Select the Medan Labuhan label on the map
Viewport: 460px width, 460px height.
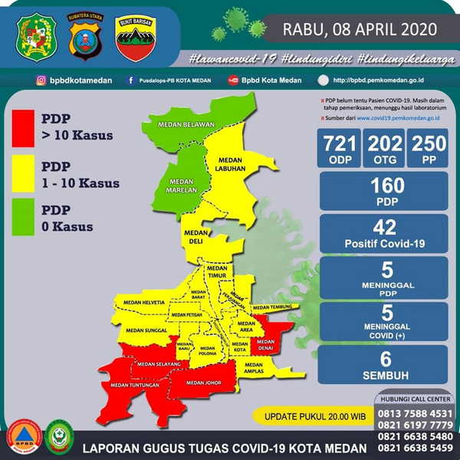(x=230, y=164)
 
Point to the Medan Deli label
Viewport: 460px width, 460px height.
(x=195, y=236)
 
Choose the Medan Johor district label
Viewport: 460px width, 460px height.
(x=203, y=383)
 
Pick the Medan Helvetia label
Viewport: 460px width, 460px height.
(x=143, y=303)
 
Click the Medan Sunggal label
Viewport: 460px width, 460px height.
(x=146, y=330)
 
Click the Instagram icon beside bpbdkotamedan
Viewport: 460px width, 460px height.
(x=39, y=80)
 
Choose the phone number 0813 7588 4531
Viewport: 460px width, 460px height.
(x=412, y=413)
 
